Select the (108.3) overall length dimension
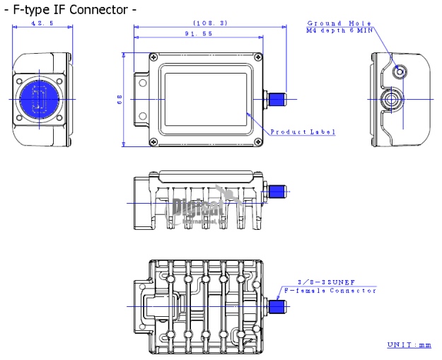pyautogui.click(x=209, y=23)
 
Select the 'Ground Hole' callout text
pyautogui.click(x=339, y=23)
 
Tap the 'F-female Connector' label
pyautogui.click(x=329, y=291)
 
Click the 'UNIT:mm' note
pyautogui.click(x=408, y=344)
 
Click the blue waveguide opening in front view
pyautogui.click(x=39, y=98)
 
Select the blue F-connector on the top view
pyautogui.click(x=277, y=98)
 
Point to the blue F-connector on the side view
pyautogui.click(x=277, y=191)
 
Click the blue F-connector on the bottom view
pyautogui.click(x=277, y=306)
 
